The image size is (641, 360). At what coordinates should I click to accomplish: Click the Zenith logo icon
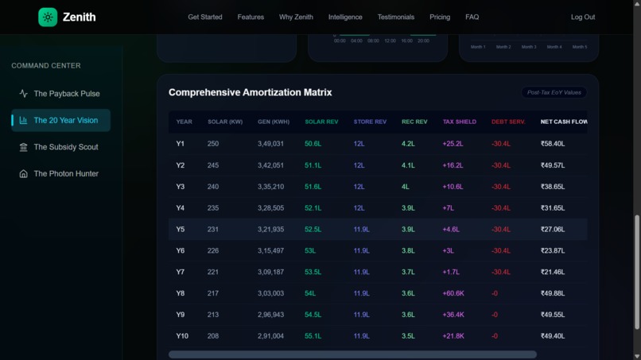tap(48, 17)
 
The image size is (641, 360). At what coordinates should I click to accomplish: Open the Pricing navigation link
tap(440, 17)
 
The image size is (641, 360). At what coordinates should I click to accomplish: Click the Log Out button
tap(582, 17)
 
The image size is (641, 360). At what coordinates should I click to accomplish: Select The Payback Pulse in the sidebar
tap(66, 94)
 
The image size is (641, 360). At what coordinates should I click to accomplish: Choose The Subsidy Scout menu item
tap(65, 147)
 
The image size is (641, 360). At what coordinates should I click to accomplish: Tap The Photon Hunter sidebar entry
tap(65, 173)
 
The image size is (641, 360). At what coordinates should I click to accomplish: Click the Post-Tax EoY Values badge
tap(554, 92)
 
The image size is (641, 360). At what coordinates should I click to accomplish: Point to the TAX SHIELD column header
tap(459, 122)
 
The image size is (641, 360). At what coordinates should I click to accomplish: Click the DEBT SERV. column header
tap(508, 122)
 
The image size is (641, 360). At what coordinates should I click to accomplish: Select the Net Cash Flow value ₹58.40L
tap(553, 144)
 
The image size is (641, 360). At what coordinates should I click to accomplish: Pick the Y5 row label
tap(181, 229)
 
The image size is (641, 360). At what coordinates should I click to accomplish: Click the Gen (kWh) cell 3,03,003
tap(270, 293)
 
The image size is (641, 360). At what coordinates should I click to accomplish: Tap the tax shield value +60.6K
tap(453, 293)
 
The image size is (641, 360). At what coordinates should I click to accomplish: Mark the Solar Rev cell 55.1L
tap(313, 336)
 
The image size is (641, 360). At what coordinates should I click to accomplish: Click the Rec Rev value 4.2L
tap(408, 144)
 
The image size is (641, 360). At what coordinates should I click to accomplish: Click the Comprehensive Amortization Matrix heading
tap(250, 92)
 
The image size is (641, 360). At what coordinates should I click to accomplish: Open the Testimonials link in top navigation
tap(395, 17)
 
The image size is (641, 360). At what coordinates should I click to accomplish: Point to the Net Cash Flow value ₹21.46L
tap(553, 272)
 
